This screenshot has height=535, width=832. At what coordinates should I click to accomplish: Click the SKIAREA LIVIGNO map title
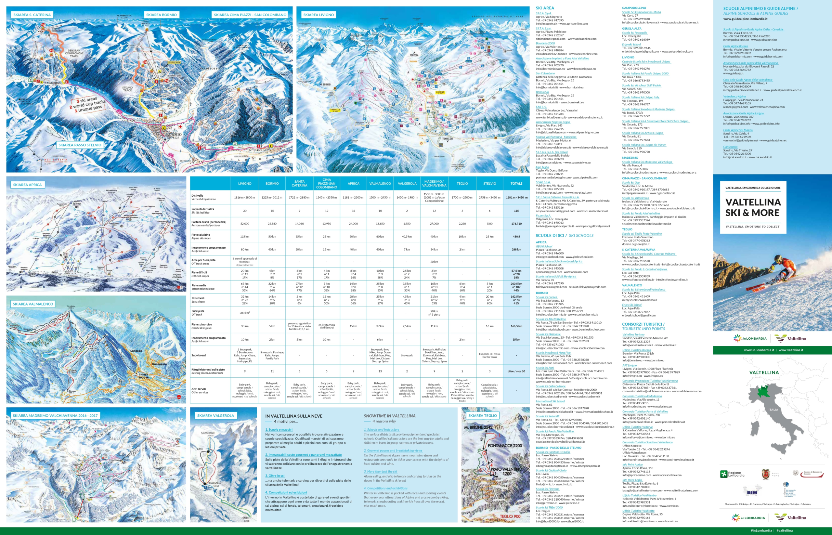tap(318, 15)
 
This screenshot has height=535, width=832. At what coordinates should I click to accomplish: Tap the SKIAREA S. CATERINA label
tap(32, 15)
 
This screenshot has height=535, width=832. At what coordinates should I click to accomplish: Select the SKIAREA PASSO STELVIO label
tap(80, 145)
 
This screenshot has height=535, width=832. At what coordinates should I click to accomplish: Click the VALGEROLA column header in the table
tap(407, 183)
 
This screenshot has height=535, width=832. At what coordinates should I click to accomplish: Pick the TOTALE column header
tap(516, 183)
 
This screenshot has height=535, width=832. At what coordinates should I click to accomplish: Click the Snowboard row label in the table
tap(199, 355)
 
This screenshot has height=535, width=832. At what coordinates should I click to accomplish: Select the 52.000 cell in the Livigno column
tap(245, 224)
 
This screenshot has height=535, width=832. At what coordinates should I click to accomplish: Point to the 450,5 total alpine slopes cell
tap(516, 237)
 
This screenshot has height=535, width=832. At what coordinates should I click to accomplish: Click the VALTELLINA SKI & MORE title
tap(753, 207)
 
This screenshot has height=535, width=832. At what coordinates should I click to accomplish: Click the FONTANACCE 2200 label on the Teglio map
tap(504, 445)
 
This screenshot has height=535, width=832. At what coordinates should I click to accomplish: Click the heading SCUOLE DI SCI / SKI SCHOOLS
tap(565, 236)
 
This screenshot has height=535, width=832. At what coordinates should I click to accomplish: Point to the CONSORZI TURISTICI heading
tap(643, 324)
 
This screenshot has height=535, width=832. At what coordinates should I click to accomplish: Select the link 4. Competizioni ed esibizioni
tap(286, 492)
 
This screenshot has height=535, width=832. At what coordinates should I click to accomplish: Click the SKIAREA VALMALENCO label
tap(33, 304)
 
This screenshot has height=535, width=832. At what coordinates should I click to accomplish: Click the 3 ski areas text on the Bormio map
tap(87, 100)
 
